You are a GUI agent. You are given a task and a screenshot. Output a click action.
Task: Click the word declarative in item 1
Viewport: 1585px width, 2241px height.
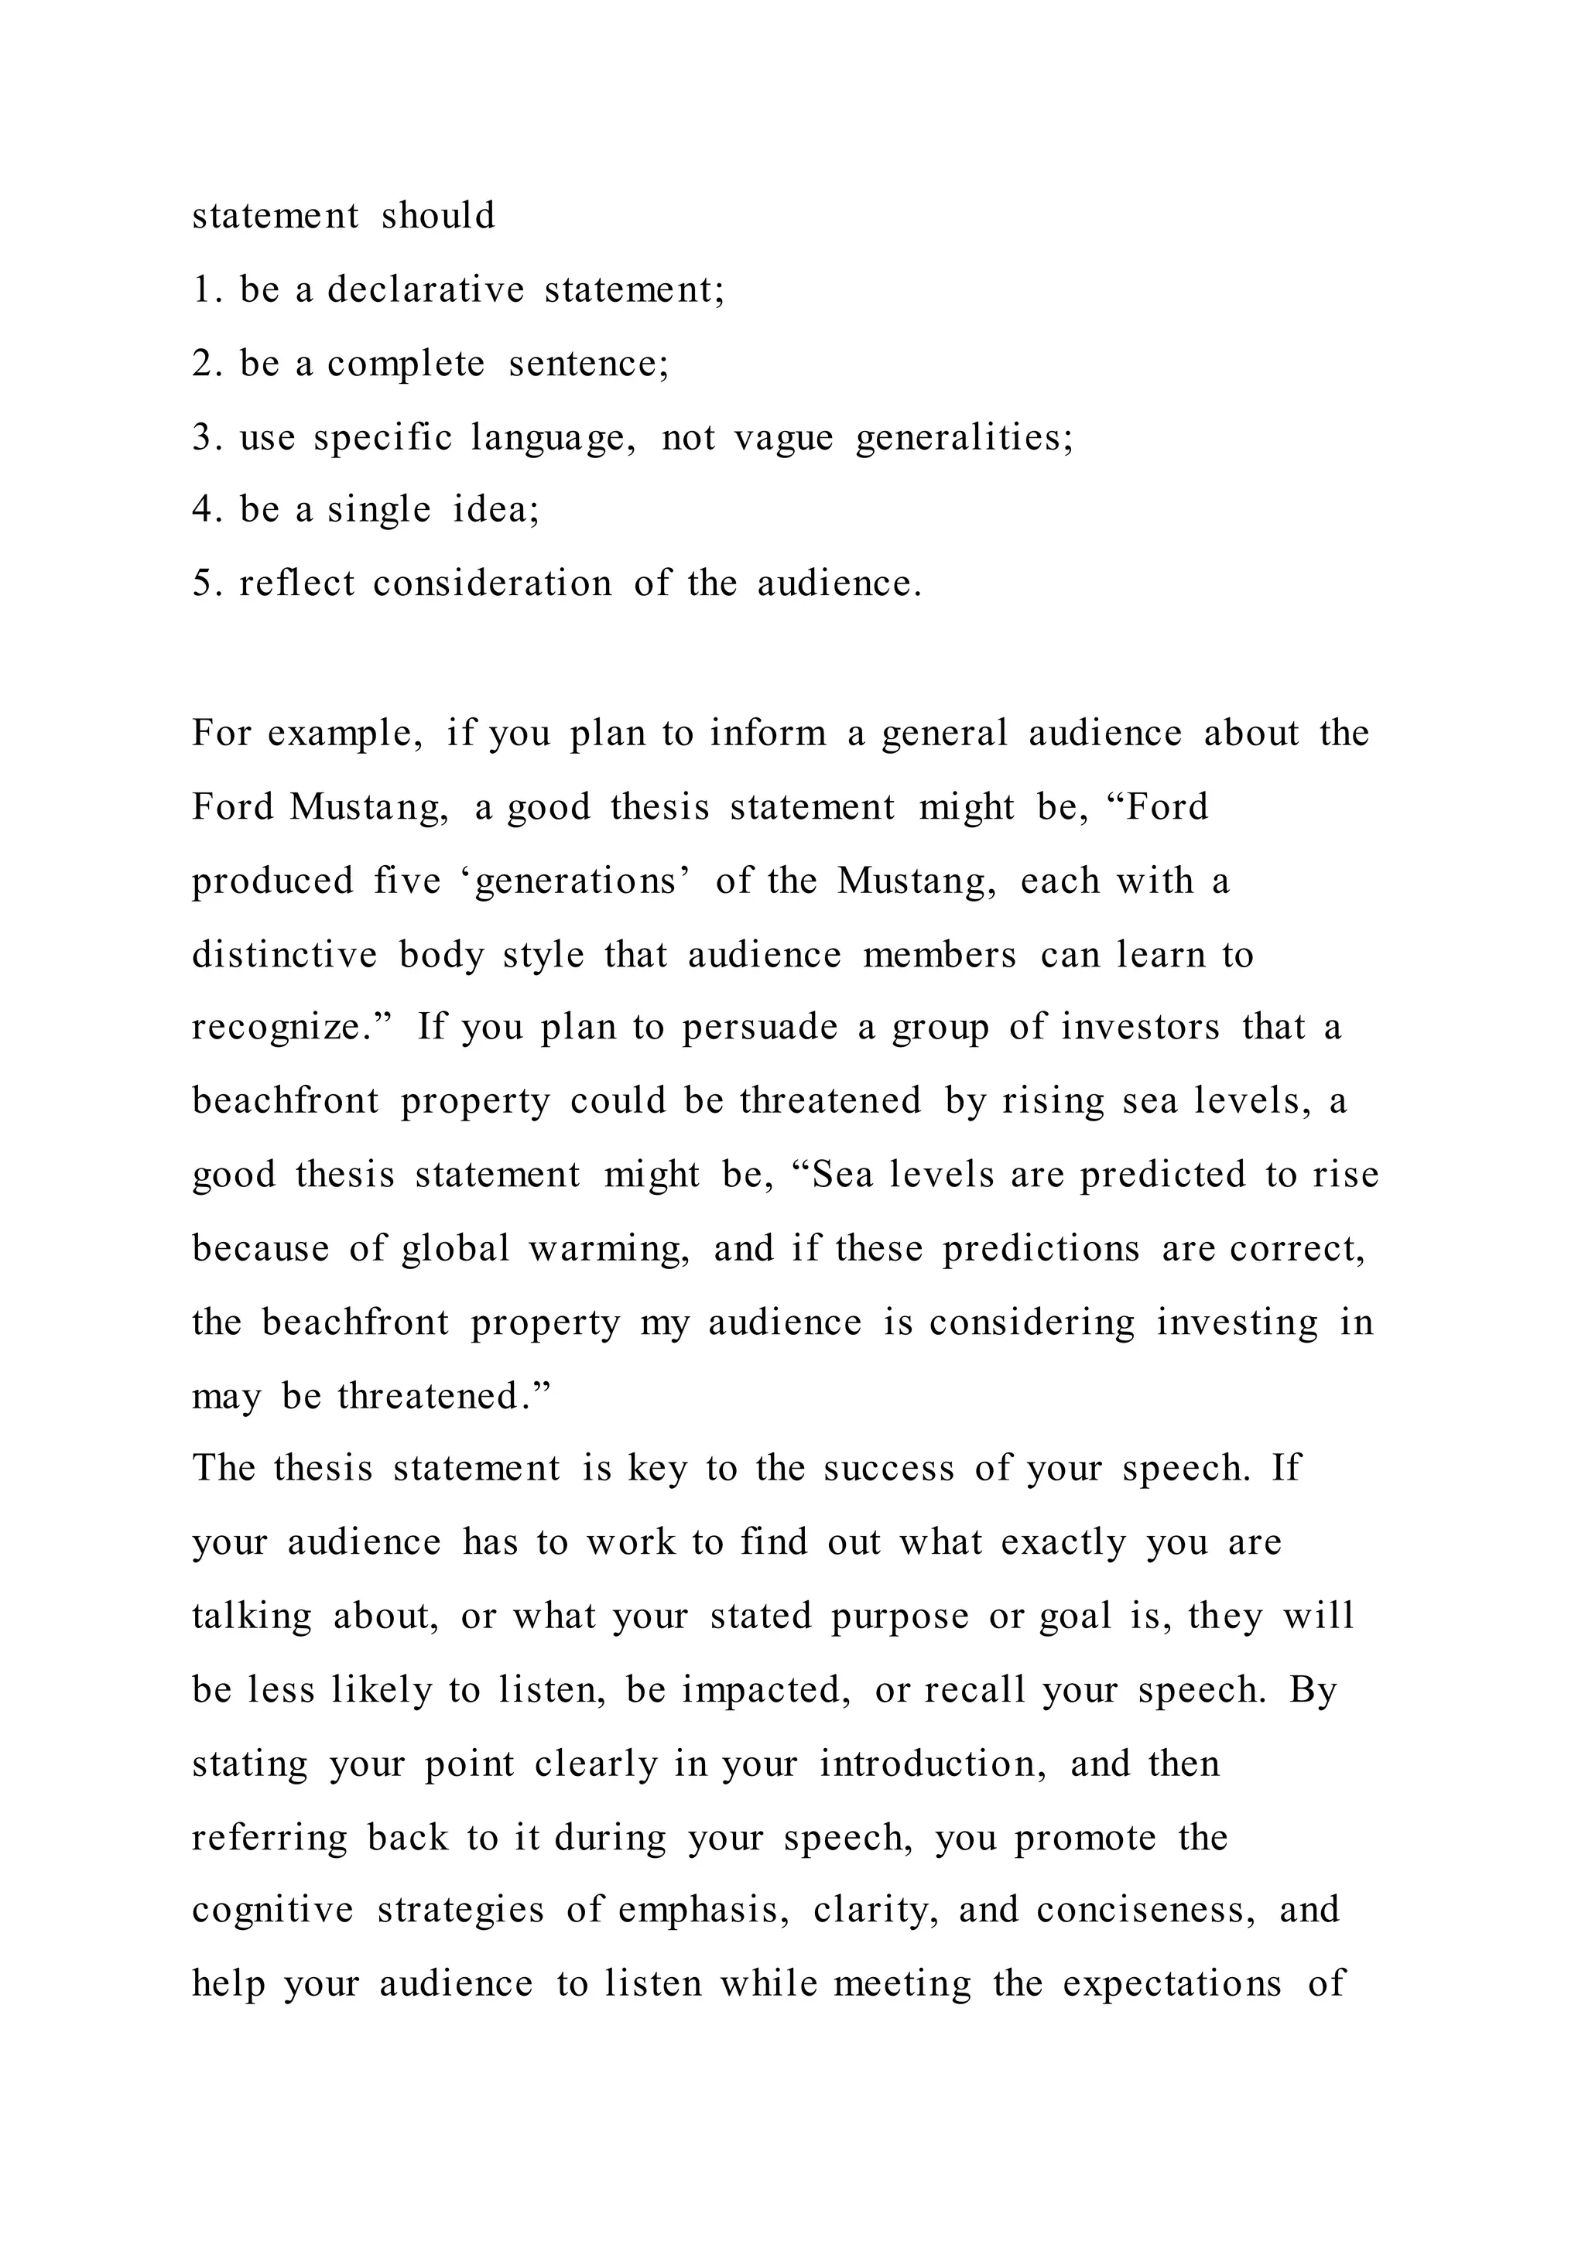click(x=426, y=290)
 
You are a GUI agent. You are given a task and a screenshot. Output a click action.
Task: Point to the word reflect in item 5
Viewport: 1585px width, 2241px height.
click(x=296, y=583)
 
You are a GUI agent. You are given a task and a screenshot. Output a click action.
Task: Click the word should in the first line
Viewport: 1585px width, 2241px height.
click(x=438, y=216)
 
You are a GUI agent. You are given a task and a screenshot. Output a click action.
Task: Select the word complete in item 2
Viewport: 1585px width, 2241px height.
click(x=405, y=364)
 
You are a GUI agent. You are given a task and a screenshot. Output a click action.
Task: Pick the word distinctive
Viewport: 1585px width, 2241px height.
click(x=284, y=955)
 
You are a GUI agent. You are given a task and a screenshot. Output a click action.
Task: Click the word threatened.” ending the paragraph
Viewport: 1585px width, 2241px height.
click(x=444, y=1397)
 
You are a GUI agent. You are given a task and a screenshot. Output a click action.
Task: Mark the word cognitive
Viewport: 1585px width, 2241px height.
click(x=272, y=1910)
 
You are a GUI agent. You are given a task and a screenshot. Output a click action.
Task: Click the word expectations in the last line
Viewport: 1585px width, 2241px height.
click(x=1171, y=1984)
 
